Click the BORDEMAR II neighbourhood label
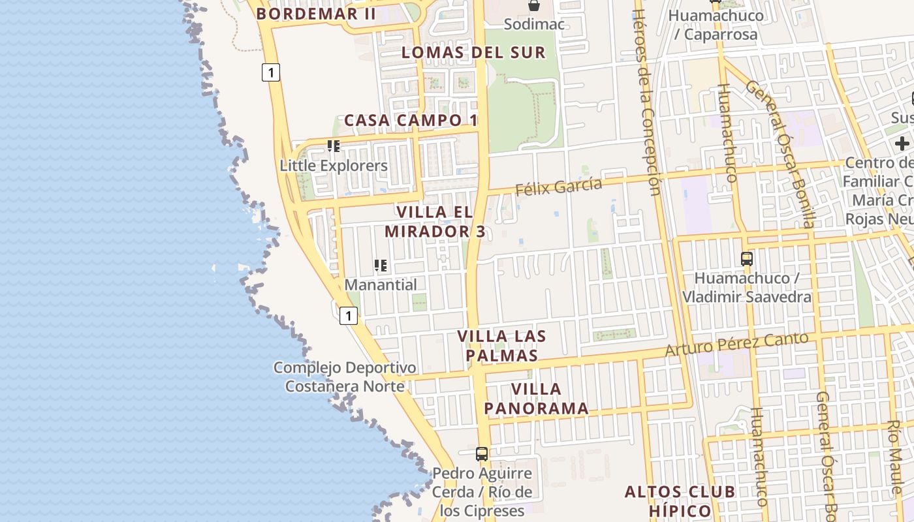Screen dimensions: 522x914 316,14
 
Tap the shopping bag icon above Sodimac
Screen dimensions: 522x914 534,6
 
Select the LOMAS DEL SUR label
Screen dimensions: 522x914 473,52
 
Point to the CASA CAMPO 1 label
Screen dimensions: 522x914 411,120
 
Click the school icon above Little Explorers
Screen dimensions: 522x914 334,146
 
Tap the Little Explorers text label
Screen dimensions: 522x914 334,166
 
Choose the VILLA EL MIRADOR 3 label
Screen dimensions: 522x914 435,222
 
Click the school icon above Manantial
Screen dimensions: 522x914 381,266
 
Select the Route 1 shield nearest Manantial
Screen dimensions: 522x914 349,316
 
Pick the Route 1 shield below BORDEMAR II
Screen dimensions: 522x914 271,72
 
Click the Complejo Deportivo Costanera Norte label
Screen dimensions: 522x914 345,377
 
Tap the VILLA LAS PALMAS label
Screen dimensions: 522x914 501,346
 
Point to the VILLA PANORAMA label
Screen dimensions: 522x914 536,399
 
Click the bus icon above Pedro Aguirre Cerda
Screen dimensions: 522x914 482,454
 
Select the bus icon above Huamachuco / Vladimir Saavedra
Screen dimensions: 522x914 747,259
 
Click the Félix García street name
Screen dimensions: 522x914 559,187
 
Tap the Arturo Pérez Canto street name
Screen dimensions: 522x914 736,344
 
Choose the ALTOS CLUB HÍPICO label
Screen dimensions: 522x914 680,500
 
